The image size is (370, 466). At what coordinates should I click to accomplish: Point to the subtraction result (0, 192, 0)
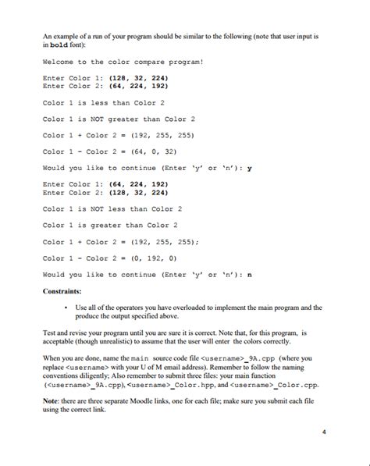[x=162, y=258]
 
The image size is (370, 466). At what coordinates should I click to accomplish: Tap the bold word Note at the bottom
[x=52, y=399]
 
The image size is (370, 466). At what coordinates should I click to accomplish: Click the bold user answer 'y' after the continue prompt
[x=249, y=168]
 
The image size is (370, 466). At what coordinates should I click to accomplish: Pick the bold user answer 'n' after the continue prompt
[x=249, y=274]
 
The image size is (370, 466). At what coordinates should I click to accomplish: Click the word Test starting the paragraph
[x=49, y=332]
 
